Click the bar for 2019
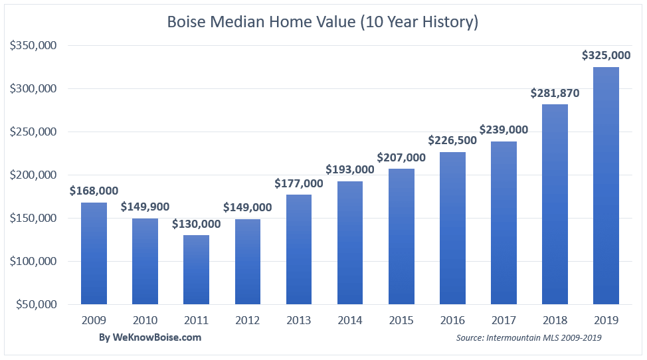click(x=606, y=185)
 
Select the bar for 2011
click(x=196, y=270)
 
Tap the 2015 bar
click(x=401, y=236)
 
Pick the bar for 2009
click(x=94, y=253)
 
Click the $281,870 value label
click(x=555, y=93)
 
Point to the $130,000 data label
click(x=196, y=224)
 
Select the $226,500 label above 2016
click(x=452, y=141)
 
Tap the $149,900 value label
click(x=145, y=207)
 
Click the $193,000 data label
click(x=350, y=169)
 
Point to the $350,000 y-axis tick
click(x=33, y=45)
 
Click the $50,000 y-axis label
click(x=37, y=304)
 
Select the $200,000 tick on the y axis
click(x=33, y=175)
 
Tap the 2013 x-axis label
click(x=299, y=320)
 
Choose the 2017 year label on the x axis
click(x=504, y=320)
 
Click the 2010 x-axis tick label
click(x=145, y=320)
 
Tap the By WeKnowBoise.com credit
click(x=150, y=337)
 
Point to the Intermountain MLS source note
click(x=529, y=337)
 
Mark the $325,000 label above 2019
click(x=606, y=55)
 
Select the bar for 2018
click(x=555, y=204)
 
